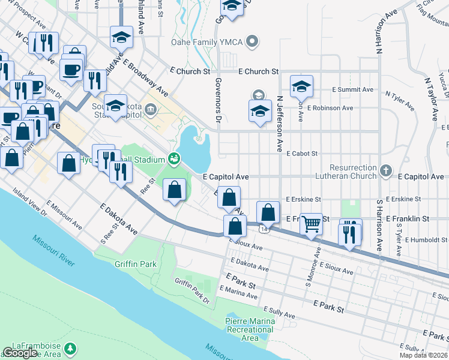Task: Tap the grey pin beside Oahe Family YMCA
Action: point(253,42)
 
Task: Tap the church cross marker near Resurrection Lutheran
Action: point(386,170)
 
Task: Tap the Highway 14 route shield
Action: point(263,229)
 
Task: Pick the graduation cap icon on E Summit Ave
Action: point(301,85)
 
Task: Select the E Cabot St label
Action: point(301,154)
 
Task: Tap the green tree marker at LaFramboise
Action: point(71,347)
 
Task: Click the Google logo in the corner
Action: point(20,353)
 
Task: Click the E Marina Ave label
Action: point(238,292)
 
